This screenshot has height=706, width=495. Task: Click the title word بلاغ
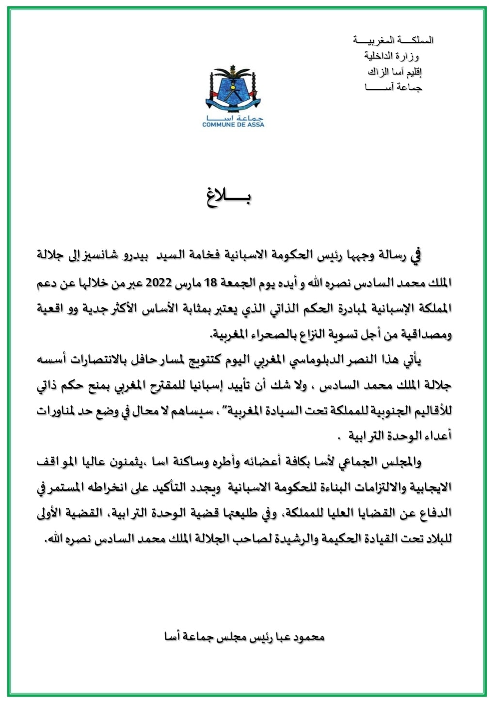(228, 198)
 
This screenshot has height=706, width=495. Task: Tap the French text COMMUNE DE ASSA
(233, 125)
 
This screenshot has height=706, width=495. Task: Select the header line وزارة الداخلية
(392, 56)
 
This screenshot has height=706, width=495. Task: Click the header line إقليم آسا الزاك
(395, 72)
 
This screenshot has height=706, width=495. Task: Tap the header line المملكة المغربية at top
(393, 40)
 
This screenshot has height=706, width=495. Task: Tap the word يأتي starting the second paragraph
(412, 360)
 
